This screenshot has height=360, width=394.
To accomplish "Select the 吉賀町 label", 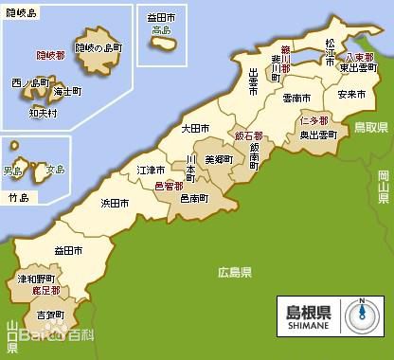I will point(50,315).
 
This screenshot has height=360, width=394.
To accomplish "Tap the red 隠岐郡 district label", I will point(51,56).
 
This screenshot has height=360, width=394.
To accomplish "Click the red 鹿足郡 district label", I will point(45,292).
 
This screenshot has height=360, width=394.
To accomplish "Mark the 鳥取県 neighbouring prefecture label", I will point(372,126).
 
